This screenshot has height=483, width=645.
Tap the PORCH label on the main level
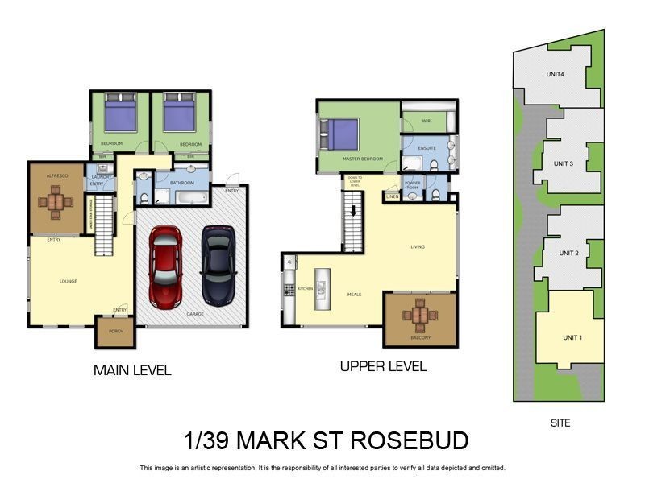[115, 331]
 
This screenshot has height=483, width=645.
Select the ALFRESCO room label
[55, 173]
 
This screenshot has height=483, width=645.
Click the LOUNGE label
[68, 281]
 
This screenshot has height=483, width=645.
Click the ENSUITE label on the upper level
[428, 148]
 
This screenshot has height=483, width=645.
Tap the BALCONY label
[419, 337]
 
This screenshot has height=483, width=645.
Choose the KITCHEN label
[305, 287]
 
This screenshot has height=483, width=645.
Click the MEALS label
[354, 294]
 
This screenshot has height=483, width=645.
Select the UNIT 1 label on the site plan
[572, 337]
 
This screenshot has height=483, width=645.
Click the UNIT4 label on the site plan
[555, 75]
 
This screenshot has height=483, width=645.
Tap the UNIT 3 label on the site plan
[564, 163]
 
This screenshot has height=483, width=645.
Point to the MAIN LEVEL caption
[132, 370]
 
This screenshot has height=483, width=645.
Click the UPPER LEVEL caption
[383, 366]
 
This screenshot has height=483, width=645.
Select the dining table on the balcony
[419, 315]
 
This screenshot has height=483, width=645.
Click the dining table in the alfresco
[55, 201]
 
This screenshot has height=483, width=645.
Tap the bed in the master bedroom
[340, 133]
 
